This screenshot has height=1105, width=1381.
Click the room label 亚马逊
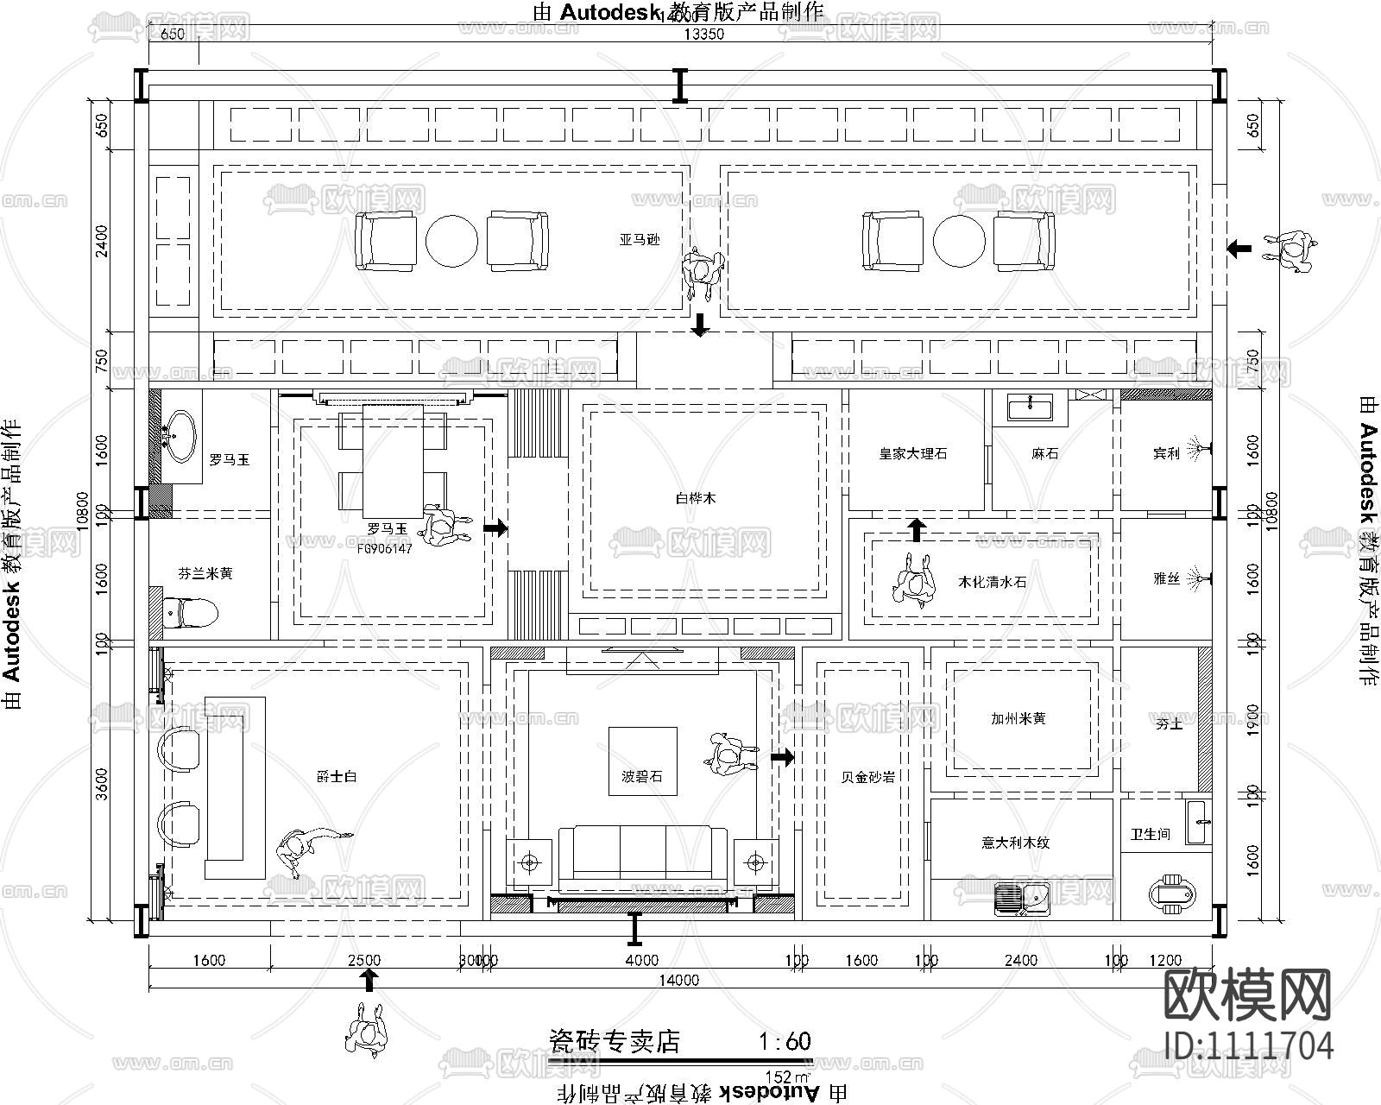pyautogui.click(x=639, y=240)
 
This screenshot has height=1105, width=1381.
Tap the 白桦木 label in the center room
pyautogui.click(x=696, y=498)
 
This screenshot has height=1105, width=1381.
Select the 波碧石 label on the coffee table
pyautogui.click(x=642, y=777)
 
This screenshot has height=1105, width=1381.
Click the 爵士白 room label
pyautogui.click(x=337, y=777)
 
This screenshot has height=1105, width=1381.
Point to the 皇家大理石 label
pyautogui.click(x=913, y=453)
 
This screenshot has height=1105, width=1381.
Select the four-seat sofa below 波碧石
pyautogui.click(x=642, y=858)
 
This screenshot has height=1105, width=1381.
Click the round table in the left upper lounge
pyautogui.click(x=451, y=241)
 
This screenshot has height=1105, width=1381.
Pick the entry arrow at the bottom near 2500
pyautogui.click(x=369, y=979)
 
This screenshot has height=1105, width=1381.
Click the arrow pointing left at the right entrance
pyautogui.click(x=1239, y=249)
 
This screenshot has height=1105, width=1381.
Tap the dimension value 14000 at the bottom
pyautogui.click(x=679, y=980)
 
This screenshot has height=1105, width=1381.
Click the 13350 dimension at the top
pyautogui.click(x=704, y=35)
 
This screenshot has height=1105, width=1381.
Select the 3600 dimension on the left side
pyautogui.click(x=102, y=783)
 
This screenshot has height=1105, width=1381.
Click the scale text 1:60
pyautogui.click(x=785, y=1041)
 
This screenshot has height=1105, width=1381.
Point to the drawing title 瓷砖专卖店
pyautogui.click(x=615, y=1041)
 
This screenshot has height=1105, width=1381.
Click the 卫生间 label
pyautogui.click(x=1151, y=834)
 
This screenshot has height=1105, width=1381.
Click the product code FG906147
pyautogui.click(x=385, y=548)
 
